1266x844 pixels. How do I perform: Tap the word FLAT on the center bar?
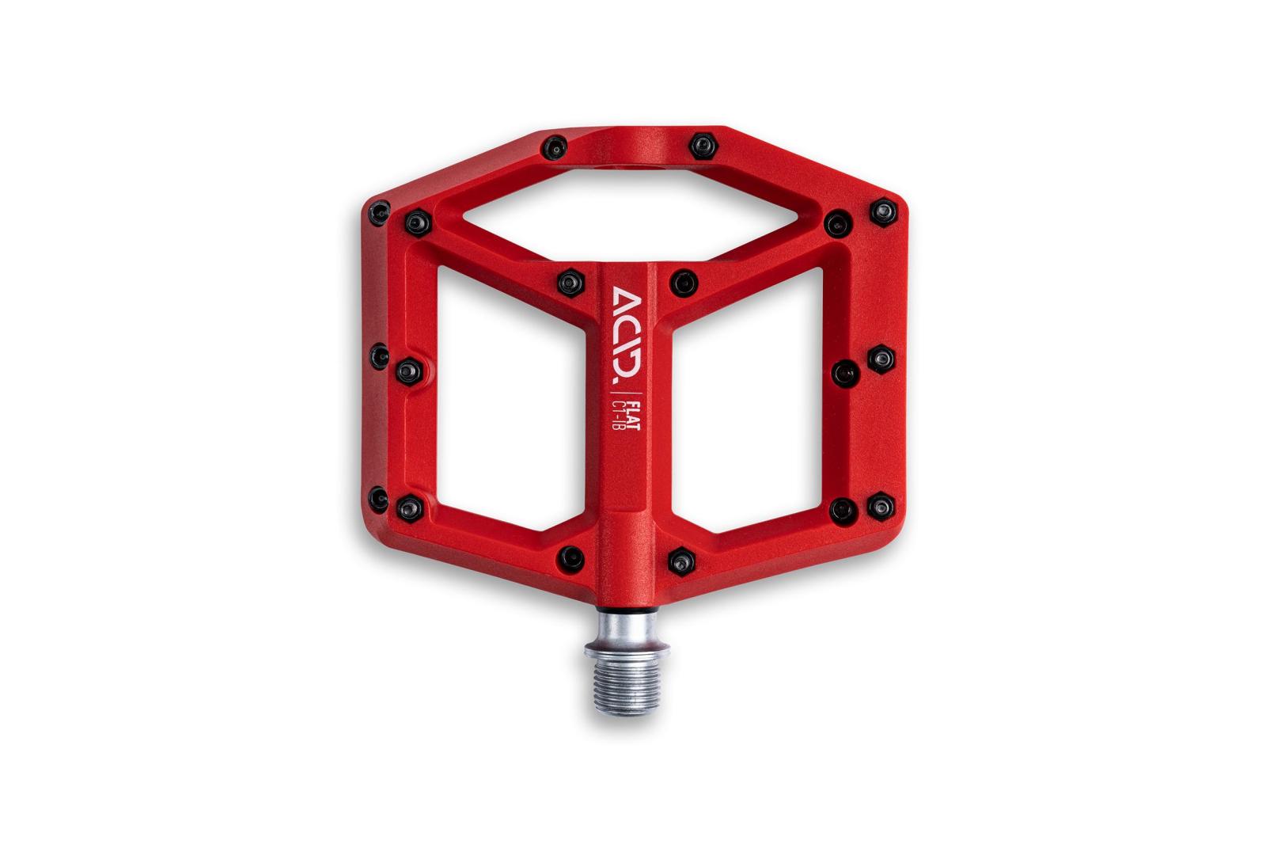point(634,415)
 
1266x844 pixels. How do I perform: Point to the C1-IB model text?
point(618,415)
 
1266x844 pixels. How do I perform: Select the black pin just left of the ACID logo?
point(570,283)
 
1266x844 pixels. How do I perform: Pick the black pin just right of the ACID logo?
point(684,283)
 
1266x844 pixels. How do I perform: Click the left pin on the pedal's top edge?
point(554,148)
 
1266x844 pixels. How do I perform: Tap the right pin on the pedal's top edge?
point(703,146)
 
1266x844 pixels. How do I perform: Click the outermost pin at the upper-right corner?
point(883,212)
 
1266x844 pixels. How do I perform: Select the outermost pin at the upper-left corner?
point(379,213)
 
